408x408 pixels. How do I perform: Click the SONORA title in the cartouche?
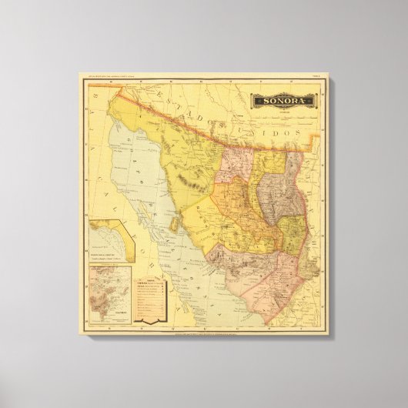coord(285,101)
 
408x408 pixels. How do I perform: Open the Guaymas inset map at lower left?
coord(109,293)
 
